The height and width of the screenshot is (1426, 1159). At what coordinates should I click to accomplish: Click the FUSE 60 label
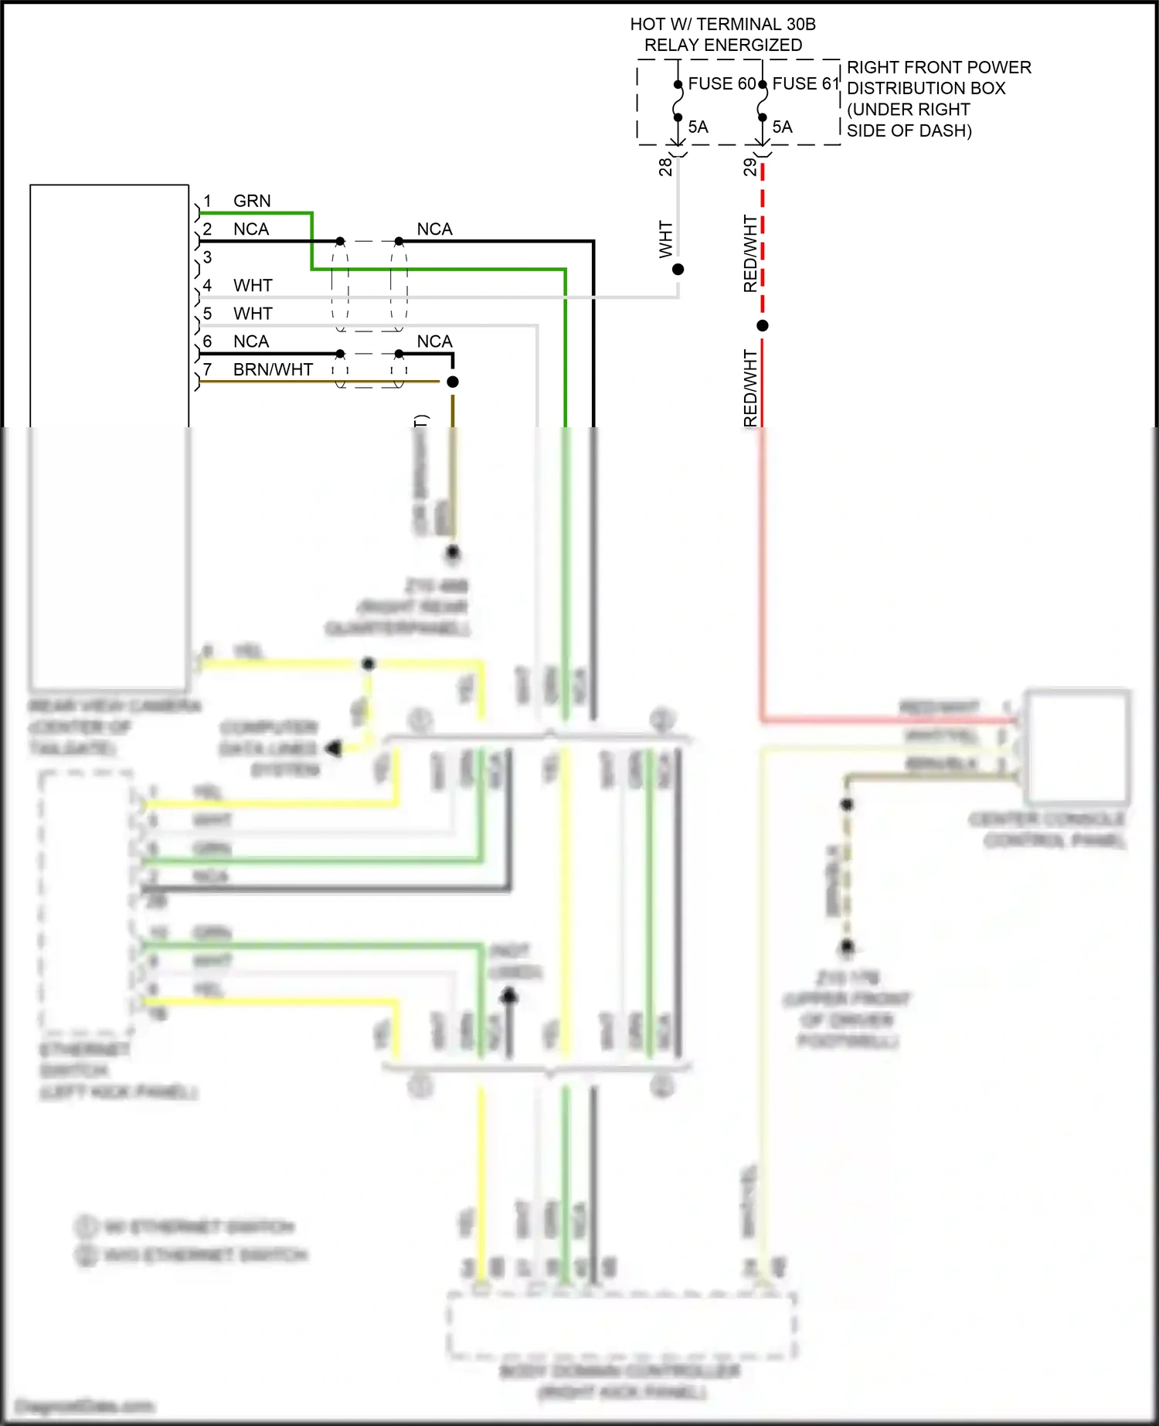pos(722,83)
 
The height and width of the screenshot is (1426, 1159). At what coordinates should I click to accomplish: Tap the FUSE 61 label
pos(805,83)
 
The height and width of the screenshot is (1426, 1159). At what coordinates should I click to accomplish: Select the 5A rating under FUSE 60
pos(698,127)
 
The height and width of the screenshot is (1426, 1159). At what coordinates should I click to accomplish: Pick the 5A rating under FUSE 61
pos(782,127)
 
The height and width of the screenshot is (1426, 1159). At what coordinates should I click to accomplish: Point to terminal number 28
pos(665,166)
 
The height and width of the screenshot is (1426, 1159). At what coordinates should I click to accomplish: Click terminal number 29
pos(749,166)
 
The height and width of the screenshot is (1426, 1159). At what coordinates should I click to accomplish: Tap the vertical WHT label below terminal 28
pos(665,239)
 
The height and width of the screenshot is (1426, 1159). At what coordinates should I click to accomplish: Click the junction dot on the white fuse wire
pos(678,270)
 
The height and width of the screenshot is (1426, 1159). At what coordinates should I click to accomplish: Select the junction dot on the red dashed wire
pos(763,326)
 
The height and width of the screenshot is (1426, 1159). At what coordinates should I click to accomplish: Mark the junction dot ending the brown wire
pos(453,382)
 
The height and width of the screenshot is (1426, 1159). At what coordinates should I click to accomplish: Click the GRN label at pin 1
pos(252,201)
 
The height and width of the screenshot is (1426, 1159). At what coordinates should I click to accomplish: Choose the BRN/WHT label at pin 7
pos(273,370)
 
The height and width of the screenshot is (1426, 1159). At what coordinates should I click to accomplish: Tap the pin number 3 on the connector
pos(207,257)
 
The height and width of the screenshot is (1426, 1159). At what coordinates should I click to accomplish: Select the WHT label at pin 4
pos(253,286)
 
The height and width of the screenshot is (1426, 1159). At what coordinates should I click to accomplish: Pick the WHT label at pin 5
pos(253,314)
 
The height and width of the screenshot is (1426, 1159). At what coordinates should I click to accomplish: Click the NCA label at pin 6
pos(251,341)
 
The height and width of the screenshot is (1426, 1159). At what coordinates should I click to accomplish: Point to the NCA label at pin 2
pos(251,229)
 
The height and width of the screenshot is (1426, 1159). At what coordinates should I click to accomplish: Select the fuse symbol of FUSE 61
pos(763,100)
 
